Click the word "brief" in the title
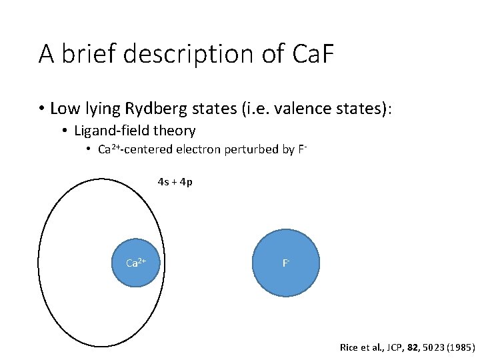pos(85,54)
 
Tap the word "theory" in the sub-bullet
pos(173,131)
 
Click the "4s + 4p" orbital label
pos(175,181)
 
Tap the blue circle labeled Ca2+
pos(136,263)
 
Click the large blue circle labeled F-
pos(287,263)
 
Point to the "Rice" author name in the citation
pos(349,347)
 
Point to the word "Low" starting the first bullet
pos(63,108)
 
